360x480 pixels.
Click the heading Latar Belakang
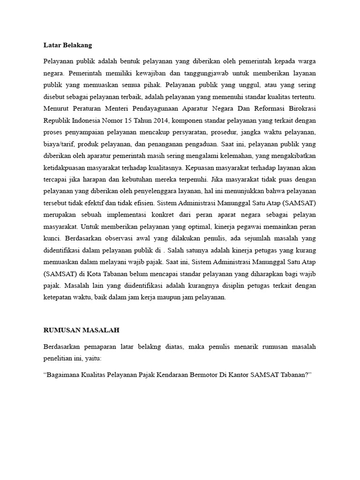point(67,45)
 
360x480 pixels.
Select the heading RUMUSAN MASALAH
point(81,330)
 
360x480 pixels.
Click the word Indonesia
point(88,120)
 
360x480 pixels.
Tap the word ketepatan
point(59,297)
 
